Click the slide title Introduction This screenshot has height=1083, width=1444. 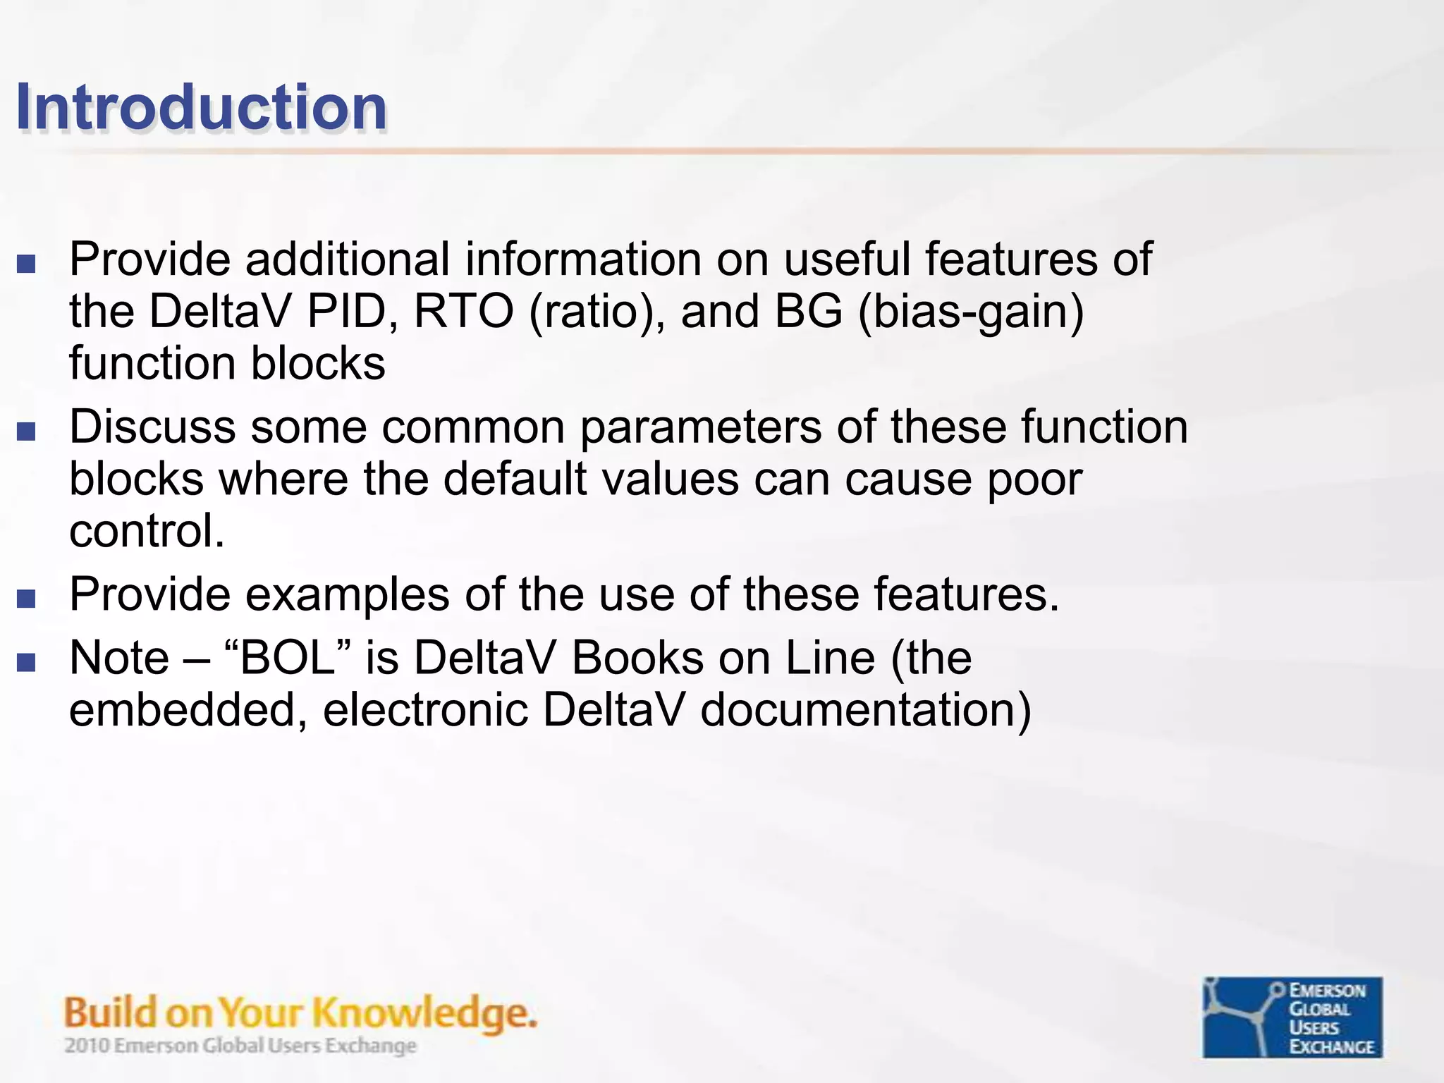tap(201, 107)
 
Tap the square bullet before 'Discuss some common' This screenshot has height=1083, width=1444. tap(26, 431)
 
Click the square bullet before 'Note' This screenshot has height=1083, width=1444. tap(26, 662)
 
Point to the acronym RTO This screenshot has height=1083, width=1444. tap(463, 311)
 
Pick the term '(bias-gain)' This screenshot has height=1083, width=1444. tap(970, 311)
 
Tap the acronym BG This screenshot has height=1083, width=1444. tap(808, 311)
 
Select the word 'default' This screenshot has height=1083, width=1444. tap(515, 479)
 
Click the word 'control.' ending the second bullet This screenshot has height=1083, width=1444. tap(147, 531)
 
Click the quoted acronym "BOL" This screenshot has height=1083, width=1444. tap(287, 658)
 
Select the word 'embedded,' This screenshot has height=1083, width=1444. tap(188, 710)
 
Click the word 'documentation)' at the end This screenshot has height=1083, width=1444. tap(866, 710)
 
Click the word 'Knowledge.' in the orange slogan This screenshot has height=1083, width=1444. tap(424, 1013)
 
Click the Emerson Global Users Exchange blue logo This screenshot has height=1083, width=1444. tap(1292, 1017)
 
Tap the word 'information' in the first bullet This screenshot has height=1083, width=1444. tap(582, 259)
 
